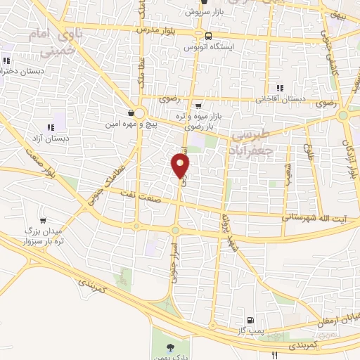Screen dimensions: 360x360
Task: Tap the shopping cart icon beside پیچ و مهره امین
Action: pyautogui.click(x=131, y=112)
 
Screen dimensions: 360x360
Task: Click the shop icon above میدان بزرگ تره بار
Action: pyautogui.click(x=44, y=209)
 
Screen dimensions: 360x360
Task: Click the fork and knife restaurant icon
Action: pyautogui.click(x=276, y=354)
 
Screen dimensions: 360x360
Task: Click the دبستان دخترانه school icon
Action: pyautogui.click(x=7, y=60)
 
